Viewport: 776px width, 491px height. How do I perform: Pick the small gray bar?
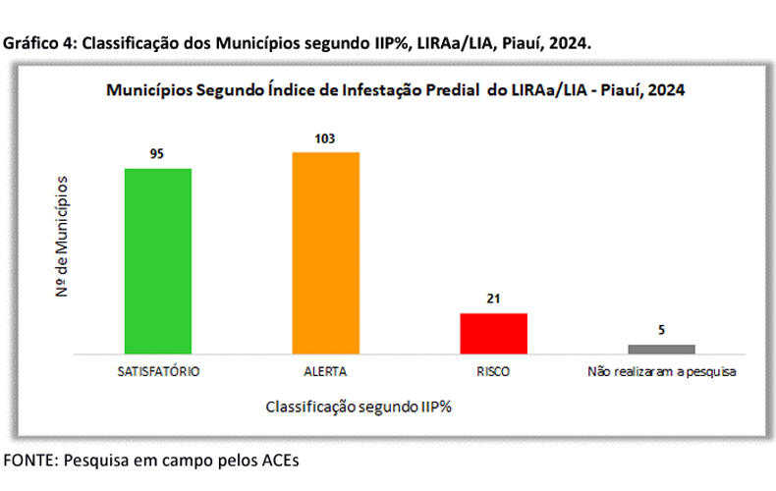661,348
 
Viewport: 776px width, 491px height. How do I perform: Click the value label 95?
157,154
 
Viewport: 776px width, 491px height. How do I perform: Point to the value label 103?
325,138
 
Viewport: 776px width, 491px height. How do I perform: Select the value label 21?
493,300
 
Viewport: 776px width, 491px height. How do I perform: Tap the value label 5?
661,331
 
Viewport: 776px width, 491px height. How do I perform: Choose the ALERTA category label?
325,372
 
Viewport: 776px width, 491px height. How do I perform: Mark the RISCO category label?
493,372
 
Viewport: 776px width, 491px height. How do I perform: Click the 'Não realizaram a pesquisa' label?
661,372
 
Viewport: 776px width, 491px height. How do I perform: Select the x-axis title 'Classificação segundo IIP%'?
357,405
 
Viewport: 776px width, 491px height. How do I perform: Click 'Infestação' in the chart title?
385,89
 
